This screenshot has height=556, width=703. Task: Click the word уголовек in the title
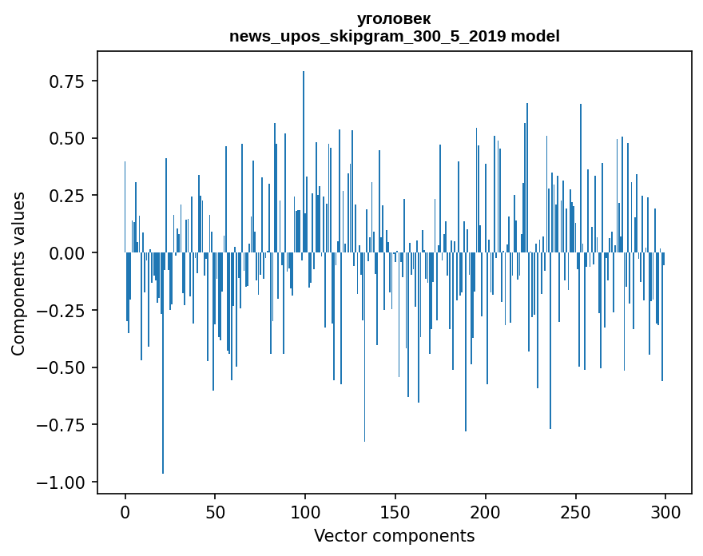point(394,19)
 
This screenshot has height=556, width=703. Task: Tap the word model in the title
point(535,37)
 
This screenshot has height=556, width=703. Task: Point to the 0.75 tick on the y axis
point(67,81)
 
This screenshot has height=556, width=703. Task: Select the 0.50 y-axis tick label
point(67,139)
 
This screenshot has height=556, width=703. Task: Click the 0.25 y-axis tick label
point(67,196)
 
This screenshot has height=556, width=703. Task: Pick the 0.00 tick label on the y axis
point(67,253)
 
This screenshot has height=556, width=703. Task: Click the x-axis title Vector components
point(394,536)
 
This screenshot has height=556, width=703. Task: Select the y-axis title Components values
point(18,273)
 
